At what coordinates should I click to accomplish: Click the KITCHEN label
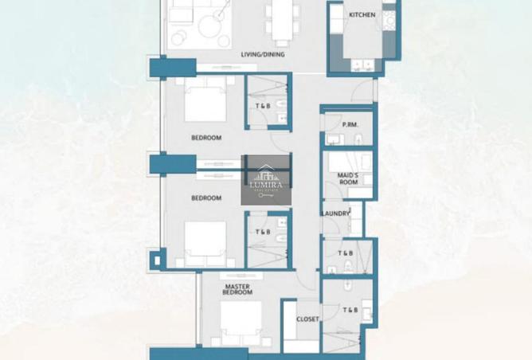point(362,14)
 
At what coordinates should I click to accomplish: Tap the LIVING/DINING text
point(264,55)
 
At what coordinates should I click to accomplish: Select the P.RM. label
point(349,124)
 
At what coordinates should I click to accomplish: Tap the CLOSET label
point(307,319)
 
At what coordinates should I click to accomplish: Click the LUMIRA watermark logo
point(266,180)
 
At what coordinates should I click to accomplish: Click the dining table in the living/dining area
point(280,20)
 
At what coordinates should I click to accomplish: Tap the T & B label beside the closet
point(350,310)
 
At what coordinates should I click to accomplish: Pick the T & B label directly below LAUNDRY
point(345,253)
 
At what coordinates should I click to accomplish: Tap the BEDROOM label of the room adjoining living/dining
point(206,138)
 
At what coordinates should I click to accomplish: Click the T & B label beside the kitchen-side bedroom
point(261,107)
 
